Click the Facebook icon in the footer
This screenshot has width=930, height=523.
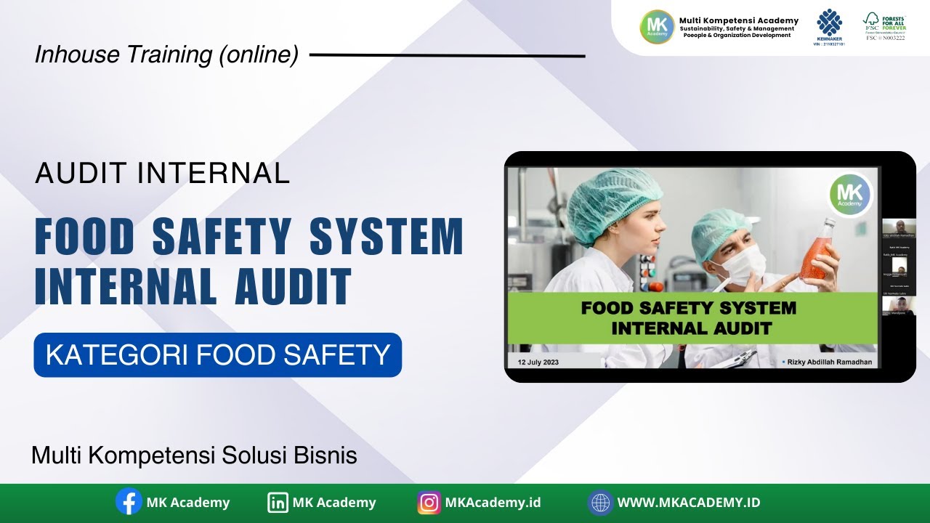tap(129, 501)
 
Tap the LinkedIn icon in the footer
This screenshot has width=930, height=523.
tap(278, 502)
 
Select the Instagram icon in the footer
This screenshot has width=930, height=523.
tap(429, 503)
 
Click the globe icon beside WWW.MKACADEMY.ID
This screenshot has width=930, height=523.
tap(600, 503)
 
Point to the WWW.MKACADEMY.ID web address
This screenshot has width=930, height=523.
tap(688, 503)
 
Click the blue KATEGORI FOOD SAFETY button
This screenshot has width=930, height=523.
tap(217, 355)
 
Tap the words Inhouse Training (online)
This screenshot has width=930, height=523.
tap(166, 55)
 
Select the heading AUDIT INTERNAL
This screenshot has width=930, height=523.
tap(163, 173)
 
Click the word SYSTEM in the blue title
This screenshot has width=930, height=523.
tap(387, 237)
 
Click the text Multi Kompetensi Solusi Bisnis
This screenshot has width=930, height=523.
tap(194, 455)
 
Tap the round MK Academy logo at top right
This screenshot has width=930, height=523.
tap(657, 27)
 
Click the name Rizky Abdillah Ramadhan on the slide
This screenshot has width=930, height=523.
tap(830, 361)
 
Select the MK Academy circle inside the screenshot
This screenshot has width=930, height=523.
tap(849, 194)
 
